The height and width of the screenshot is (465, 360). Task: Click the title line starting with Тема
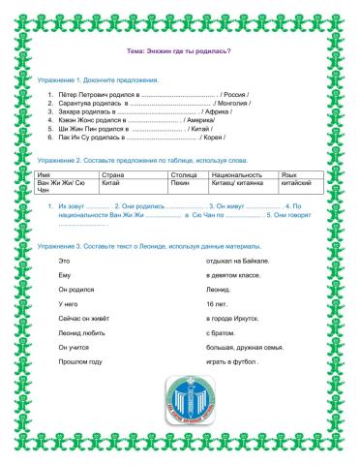click(x=179, y=50)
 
